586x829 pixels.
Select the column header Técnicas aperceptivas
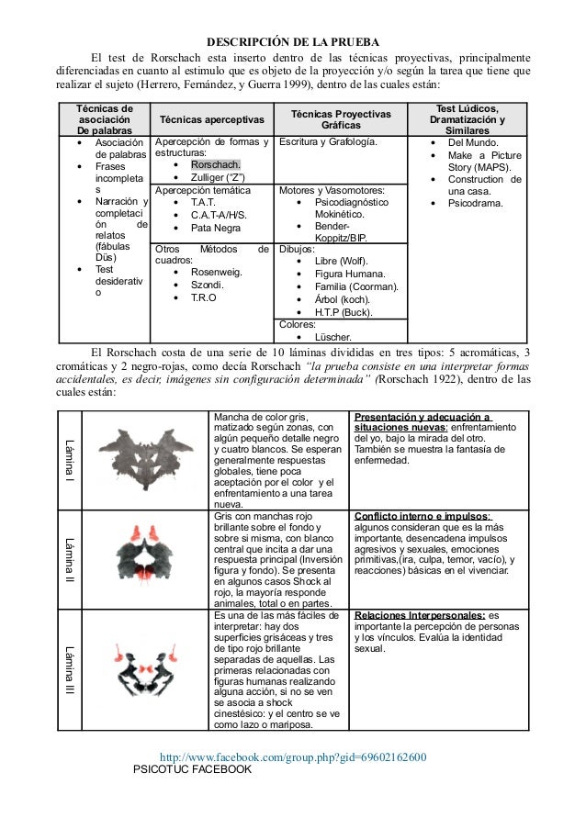(x=212, y=120)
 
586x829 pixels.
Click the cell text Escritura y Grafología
(x=328, y=143)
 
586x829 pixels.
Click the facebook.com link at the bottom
(x=293, y=757)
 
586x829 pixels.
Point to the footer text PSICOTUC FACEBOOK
(x=192, y=769)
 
